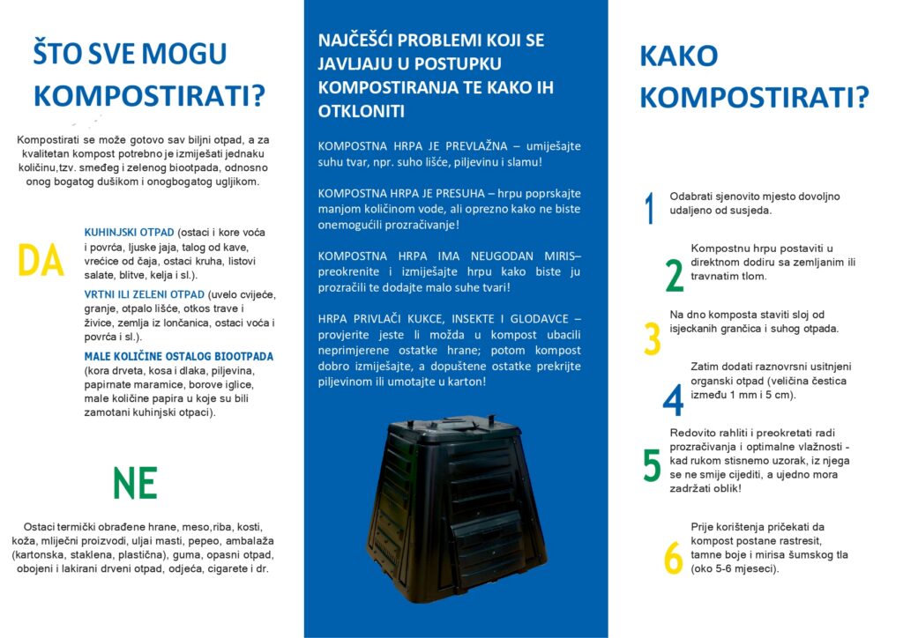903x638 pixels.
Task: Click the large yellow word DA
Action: [41, 261]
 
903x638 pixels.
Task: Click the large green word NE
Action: [135, 483]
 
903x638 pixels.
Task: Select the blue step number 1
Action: [650, 208]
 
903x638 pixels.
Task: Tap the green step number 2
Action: [674, 275]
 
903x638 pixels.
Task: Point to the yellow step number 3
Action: [652, 338]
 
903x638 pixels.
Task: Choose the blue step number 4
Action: [673, 400]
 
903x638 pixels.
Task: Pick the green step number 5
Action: [652, 465]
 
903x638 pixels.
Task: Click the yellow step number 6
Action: [673, 558]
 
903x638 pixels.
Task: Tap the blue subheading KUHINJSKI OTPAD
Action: [129, 232]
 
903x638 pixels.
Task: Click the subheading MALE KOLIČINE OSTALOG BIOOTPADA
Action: [178, 356]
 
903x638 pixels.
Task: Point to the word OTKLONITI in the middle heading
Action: [362, 111]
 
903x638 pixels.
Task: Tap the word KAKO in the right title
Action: [678, 56]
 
